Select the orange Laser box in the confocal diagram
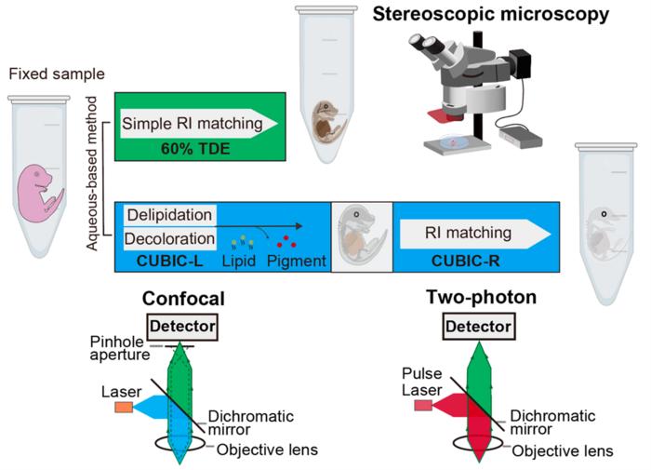tap(124, 408)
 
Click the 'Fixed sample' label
tap(43, 74)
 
